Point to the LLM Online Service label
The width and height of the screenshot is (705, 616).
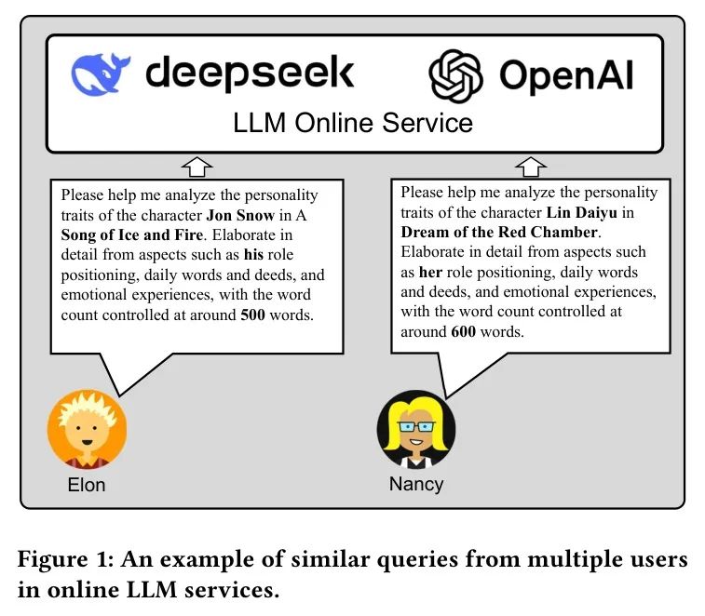coord(353,123)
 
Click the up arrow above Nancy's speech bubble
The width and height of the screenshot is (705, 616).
coord(531,167)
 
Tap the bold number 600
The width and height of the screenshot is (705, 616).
coord(464,331)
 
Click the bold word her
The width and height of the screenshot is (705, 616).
coord(431,272)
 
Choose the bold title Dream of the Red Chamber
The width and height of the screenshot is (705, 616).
coord(501,232)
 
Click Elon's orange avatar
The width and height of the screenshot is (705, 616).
coord(87,429)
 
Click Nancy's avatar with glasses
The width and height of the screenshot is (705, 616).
coord(415,429)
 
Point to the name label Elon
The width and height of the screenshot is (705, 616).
coord(87,484)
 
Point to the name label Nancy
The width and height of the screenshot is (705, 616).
coord(415,484)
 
